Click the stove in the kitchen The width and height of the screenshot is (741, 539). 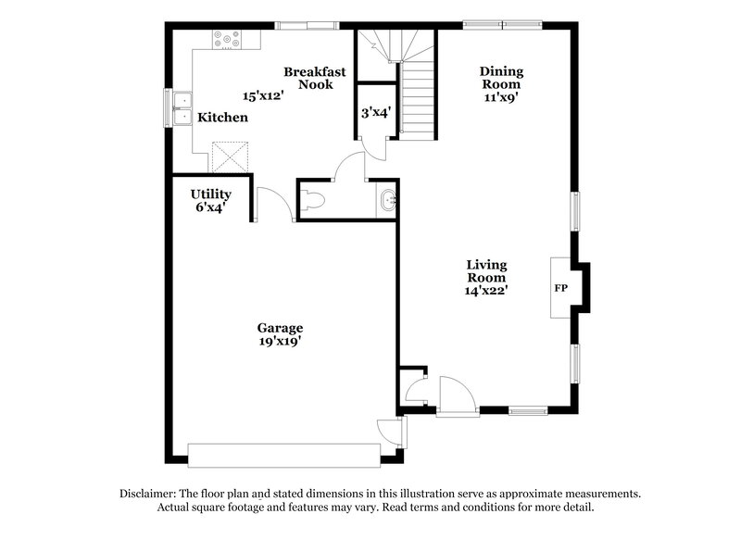point(226,40)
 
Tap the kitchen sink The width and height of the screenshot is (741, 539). point(182,107)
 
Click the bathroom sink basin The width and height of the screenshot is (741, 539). point(388,199)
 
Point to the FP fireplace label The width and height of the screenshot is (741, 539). point(560,289)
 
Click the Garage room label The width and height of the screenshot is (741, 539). point(280,328)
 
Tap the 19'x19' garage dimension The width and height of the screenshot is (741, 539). point(280,341)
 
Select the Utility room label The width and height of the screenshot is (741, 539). point(210,194)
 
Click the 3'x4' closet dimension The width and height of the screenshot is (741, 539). point(376,112)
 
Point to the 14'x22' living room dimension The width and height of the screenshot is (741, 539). point(485,290)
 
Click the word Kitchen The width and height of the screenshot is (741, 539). point(223,118)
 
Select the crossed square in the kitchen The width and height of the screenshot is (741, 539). point(229,156)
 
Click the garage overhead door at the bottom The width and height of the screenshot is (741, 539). point(283,453)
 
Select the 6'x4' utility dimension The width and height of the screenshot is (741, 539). point(210,207)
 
